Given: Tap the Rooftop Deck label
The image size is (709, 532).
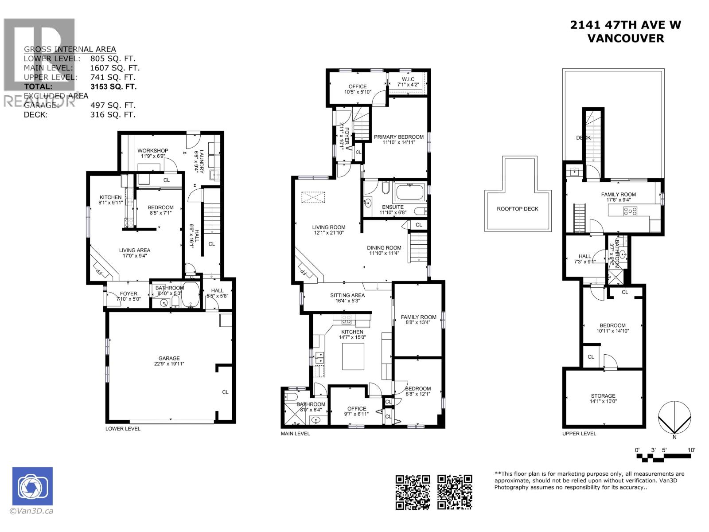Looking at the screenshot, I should (518, 209).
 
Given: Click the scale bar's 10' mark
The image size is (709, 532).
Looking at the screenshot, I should (691, 450).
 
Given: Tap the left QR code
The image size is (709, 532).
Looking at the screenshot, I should (413, 492).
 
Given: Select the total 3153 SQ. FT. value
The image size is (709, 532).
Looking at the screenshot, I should (113, 87).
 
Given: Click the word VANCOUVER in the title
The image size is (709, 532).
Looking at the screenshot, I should (625, 38).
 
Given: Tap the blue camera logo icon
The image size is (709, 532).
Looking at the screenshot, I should (32, 486).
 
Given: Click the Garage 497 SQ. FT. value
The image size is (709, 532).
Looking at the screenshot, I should (113, 106).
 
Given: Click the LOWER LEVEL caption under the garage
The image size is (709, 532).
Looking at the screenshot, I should (123, 429).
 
